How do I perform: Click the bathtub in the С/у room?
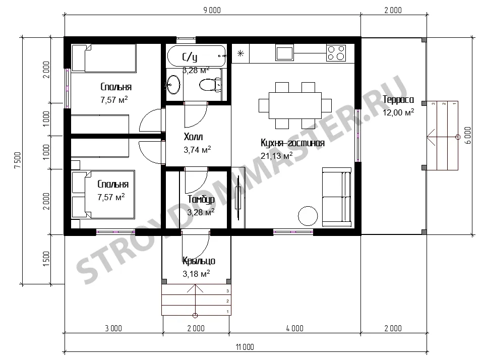pyautogui.click(x=196, y=56)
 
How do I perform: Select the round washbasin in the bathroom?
pyautogui.click(x=173, y=84)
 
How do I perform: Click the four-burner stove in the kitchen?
pyautogui.click(x=336, y=52)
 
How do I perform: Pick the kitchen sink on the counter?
pyautogui.click(x=285, y=52)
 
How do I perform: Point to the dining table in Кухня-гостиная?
pyautogui.click(x=295, y=105)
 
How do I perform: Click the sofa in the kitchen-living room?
pyautogui.click(x=337, y=197)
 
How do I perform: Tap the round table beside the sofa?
pyautogui.click(x=308, y=216)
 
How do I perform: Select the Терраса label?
pyautogui.click(x=398, y=99)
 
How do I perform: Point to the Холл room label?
pyautogui.click(x=193, y=137)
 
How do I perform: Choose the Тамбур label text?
pyautogui.click(x=201, y=200)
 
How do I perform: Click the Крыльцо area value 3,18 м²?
pyautogui.click(x=196, y=273)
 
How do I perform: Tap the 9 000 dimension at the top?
pyautogui.click(x=212, y=10)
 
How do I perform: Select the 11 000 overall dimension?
pyautogui.click(x=245, y=347)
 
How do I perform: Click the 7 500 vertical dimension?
pyautogui.click(x=18, y=160)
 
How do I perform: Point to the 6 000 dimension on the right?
pyautogui.click(x=467, y=135)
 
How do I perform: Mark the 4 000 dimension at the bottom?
pyautogui.click(x=295, y=328)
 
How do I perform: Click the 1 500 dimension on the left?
pyautogui.click(x=46, y=259)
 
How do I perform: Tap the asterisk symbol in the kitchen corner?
pyautogui.click(x=240, y=53)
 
